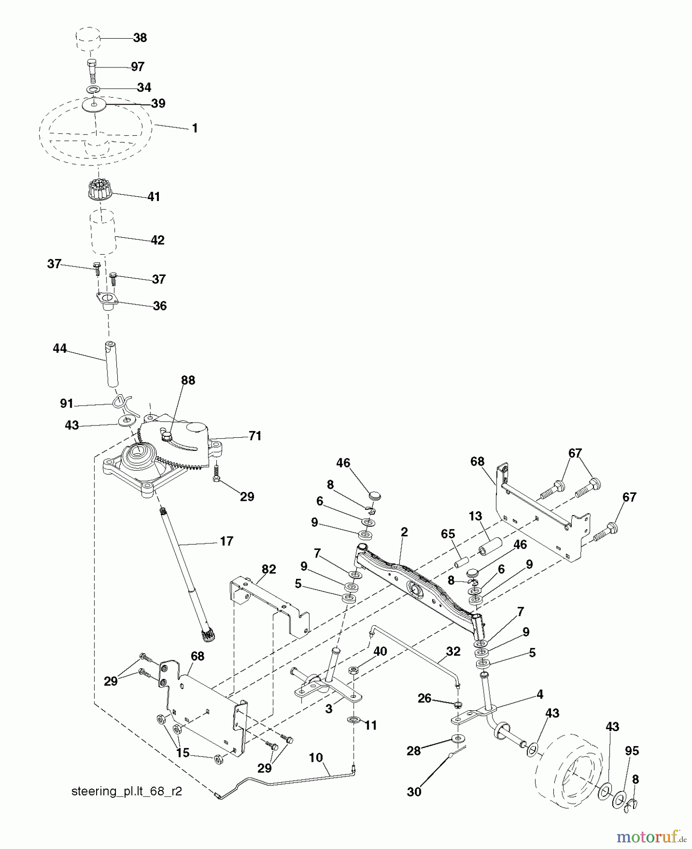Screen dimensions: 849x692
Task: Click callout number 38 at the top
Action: click(x=140, y=38)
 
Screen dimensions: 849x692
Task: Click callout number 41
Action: click(x=154, y=197)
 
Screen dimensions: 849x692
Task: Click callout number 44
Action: click(x=60, y=349)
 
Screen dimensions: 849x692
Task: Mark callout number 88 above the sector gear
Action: click(x=188, y=380)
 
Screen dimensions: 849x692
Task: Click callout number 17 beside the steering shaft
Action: click(x=226, y=541)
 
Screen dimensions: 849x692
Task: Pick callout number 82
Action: click(x=269, y=569)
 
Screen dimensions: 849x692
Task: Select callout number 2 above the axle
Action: click(x=404, y=532)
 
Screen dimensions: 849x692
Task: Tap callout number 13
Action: click(x=475, y=516)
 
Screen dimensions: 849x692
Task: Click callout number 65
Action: click(x=448, y=534)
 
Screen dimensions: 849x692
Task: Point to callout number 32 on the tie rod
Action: click(x=453, y=651)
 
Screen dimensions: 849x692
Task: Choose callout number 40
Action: click(x=380, y=651)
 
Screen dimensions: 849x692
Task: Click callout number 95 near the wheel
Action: click(x=632, y=750)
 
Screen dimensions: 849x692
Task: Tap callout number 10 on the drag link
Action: click(x=315, y=758)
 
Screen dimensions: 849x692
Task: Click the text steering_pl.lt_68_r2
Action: click(x=126, y=791)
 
